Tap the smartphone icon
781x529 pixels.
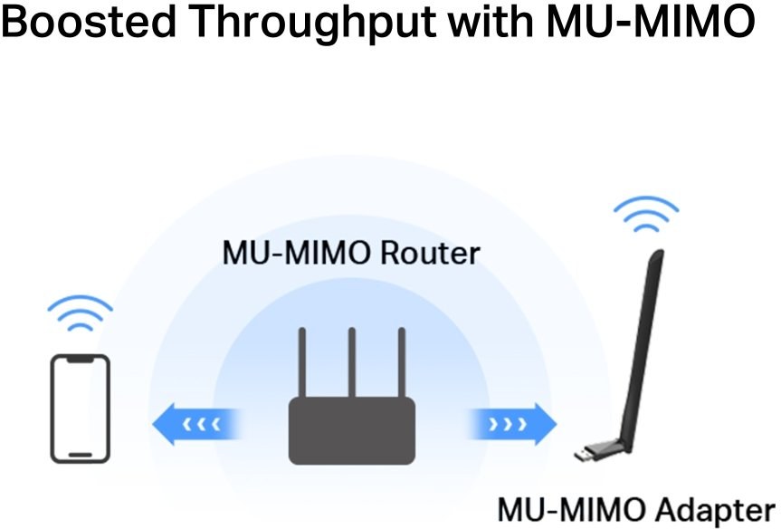pos(80,407)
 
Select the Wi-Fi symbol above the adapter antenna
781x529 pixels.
pos(645,215)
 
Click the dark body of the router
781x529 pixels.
pos(352,431)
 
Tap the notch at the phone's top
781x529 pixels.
pos(80,360)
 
